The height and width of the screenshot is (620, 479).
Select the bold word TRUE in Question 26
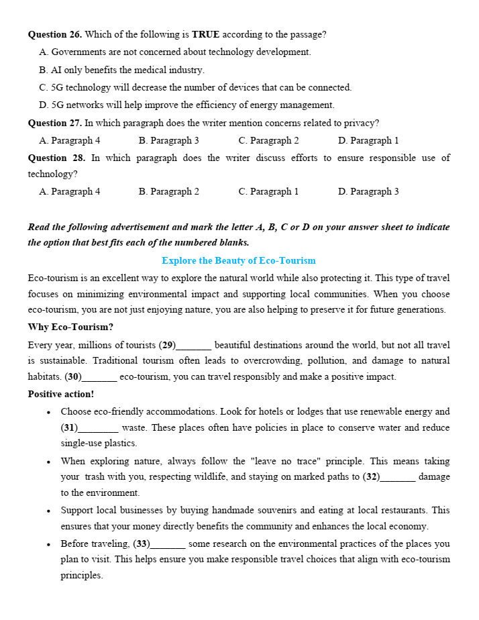point(205,34)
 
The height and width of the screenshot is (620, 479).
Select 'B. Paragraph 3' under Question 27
point(168,140)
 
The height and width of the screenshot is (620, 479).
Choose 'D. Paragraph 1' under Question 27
point(368,140)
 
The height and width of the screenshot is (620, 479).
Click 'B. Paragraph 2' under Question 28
point(168,191)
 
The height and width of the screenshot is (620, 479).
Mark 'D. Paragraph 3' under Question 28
point(368,191)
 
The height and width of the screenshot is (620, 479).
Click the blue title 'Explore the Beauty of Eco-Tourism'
point(239,260)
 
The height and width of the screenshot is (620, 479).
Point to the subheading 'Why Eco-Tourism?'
point(70,327)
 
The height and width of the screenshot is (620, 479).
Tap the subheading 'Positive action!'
point(61,394)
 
